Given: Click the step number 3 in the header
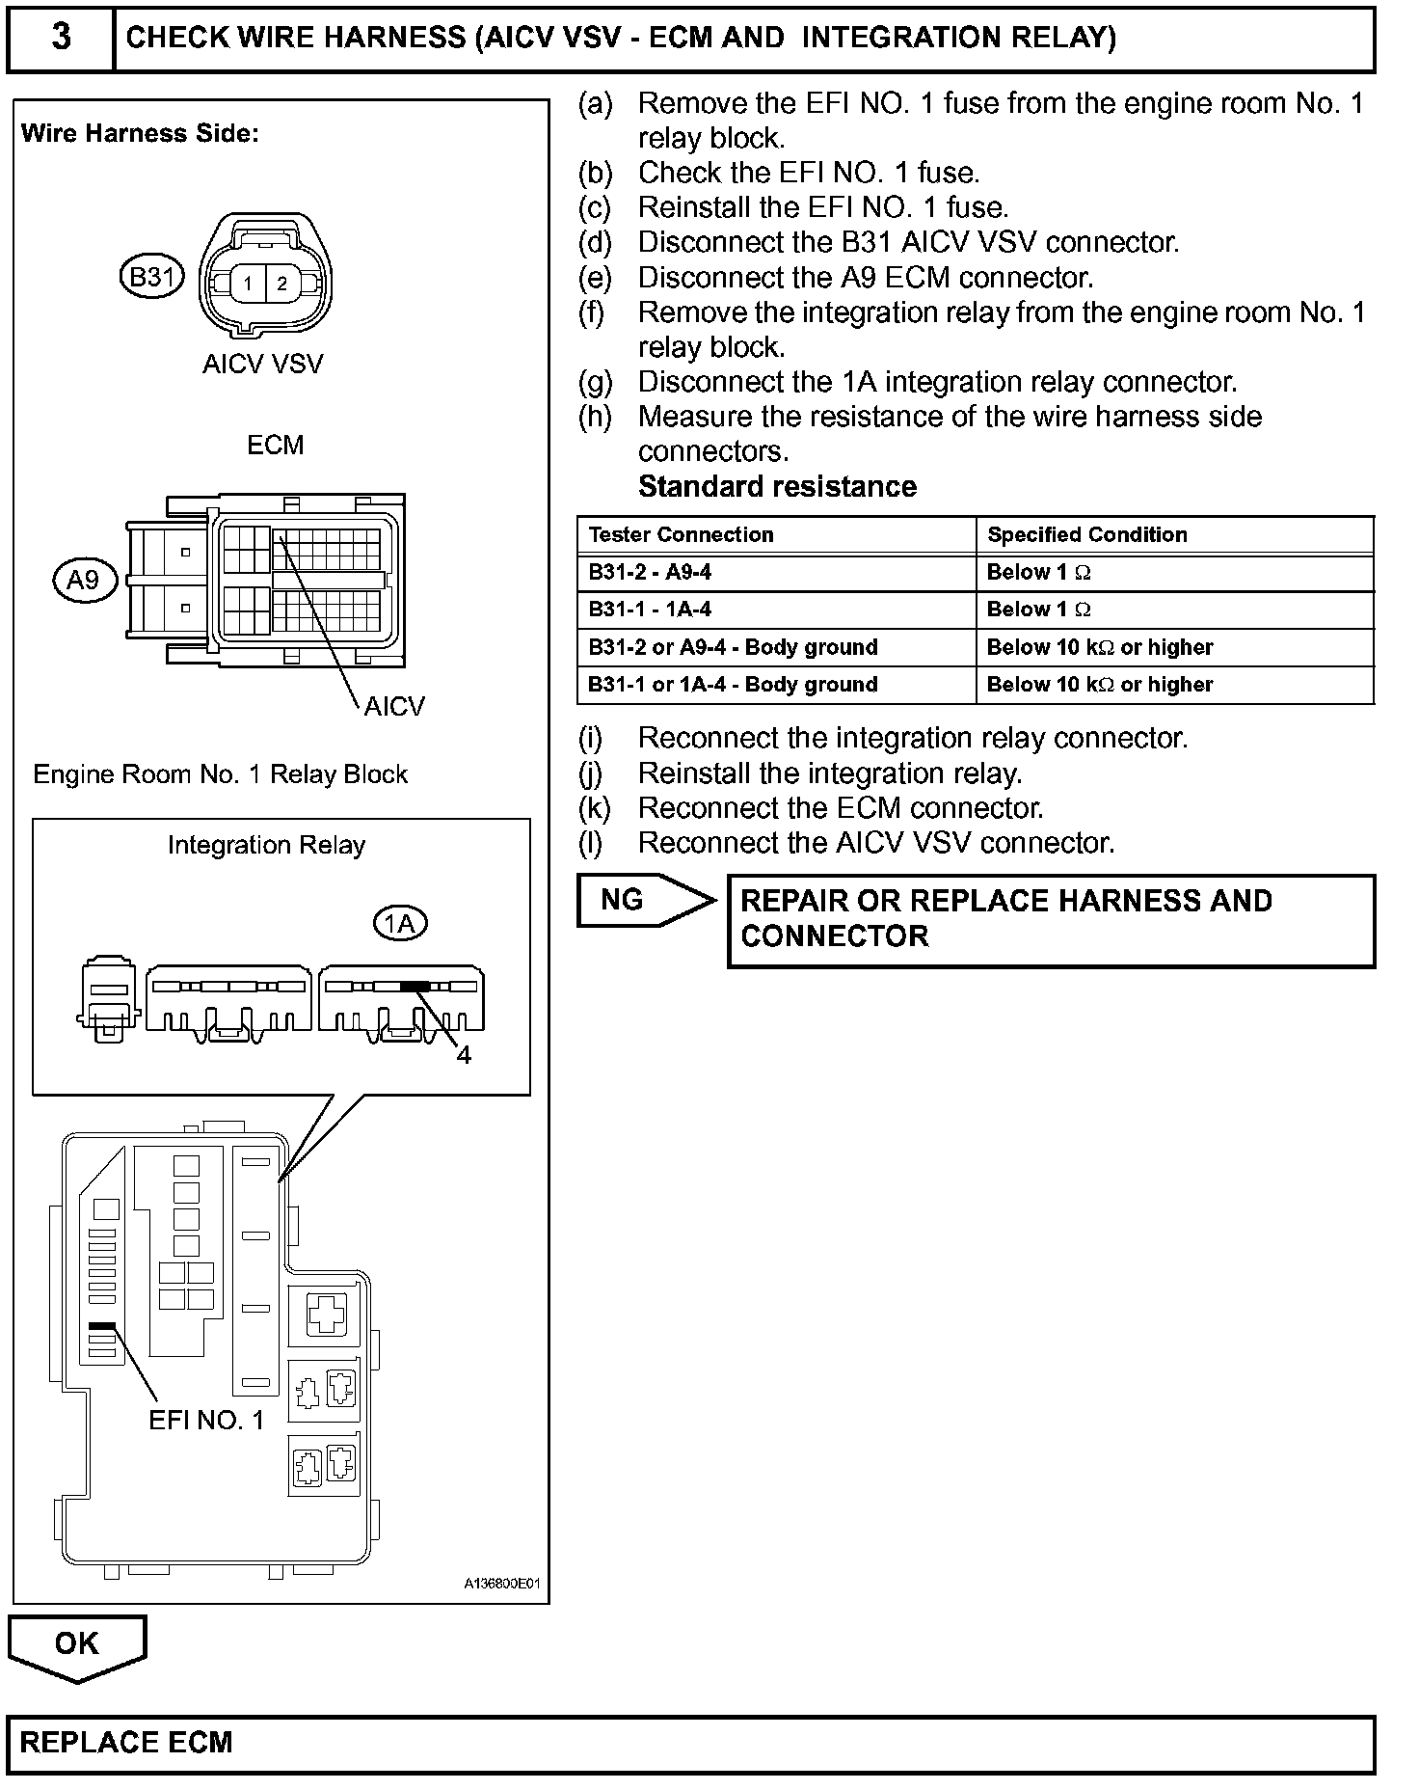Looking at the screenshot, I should coord(61,38).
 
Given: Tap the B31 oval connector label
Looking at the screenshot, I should coord(151,278).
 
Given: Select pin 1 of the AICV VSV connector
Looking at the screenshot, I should coord(248,284).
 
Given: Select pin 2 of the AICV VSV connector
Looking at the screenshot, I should coord(281,284).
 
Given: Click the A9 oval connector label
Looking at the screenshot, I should coord(84,580).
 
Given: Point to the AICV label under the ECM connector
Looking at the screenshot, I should coord(394,707).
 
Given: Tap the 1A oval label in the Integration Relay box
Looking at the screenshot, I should coord(399,924).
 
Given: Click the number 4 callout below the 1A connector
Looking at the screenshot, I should coord(464,1055).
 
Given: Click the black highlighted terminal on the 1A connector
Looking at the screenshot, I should coord(415,986).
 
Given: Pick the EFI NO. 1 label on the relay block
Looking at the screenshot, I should coord(206,1420).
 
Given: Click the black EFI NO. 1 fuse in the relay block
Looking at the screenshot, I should coord(102,1327).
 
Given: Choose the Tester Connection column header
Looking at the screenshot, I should coord(681,534).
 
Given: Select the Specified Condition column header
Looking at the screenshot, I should coord(1086,534).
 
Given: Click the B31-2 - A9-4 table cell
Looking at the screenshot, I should coord(650,572).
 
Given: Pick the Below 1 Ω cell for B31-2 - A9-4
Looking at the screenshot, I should coord(1038,572).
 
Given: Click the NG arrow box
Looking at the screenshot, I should coord(636,900).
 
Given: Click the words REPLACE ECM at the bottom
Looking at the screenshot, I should coord(126,1743).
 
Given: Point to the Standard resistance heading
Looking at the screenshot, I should coord(777,486).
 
